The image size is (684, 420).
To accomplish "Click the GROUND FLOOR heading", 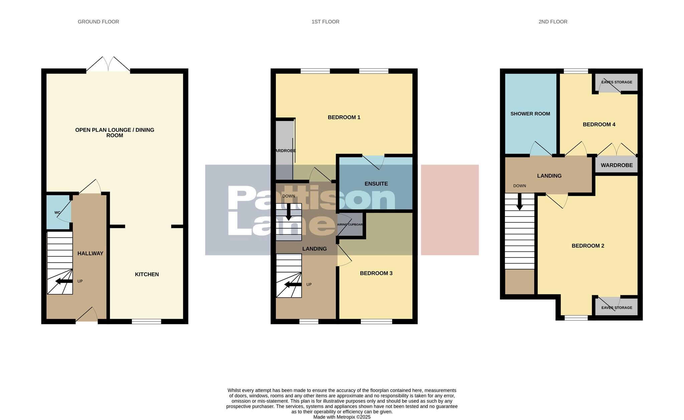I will point(98,22).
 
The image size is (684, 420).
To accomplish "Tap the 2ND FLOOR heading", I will point(553,22).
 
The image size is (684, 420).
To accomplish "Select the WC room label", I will point(57,213).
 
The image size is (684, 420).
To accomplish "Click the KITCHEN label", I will point(147,274).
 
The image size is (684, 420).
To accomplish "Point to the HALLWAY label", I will point(90,254).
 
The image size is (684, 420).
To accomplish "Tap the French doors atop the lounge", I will point(108,64).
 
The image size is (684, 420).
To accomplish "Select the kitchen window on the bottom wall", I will point(146,321).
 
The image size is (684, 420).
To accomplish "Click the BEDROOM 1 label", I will point(344,117).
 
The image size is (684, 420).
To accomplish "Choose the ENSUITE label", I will point(376,184).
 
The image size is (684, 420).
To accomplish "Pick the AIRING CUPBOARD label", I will point(350,225).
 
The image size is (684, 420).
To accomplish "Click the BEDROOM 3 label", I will point(376,273).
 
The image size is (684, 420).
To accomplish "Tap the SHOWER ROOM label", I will point(530,114).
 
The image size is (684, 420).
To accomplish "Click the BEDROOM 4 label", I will point(599,125).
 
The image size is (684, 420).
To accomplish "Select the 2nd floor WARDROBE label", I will point(617,165).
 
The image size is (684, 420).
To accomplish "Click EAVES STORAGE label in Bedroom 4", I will point(617,82).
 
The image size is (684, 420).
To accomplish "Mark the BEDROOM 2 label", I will point(588,246).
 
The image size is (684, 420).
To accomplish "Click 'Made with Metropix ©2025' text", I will point(342,417).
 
